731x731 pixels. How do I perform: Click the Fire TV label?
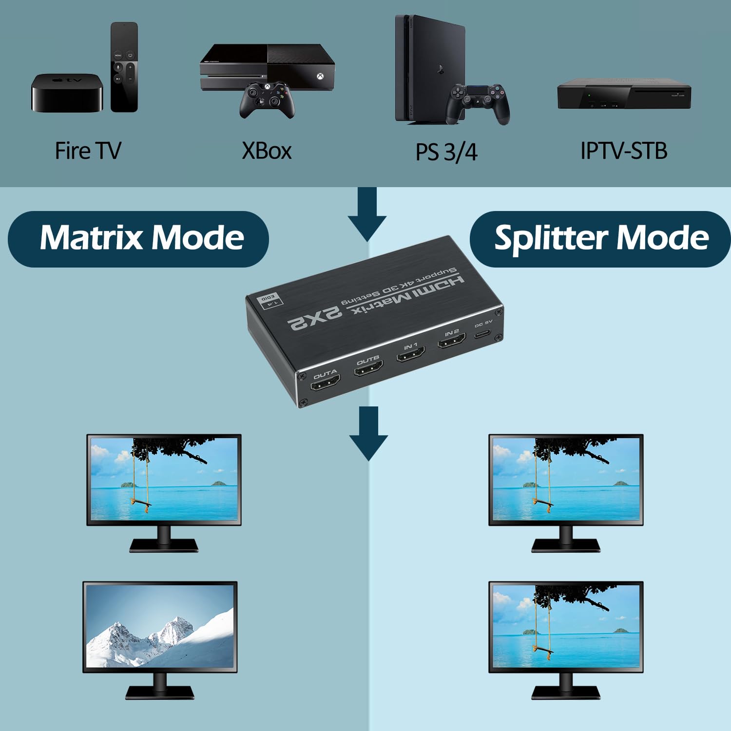[88, 151]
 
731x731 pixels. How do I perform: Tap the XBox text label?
[267, 151]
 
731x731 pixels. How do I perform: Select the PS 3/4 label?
[446, 152]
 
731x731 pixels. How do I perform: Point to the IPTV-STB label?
[623, 151]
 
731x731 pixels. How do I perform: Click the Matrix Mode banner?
[138, 239]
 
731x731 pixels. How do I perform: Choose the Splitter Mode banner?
[600, 239]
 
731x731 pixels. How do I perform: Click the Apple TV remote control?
[124, 67]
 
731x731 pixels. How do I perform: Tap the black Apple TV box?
[67, 93]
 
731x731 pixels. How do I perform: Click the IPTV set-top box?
[624, 95]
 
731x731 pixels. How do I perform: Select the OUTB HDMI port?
[368, 370]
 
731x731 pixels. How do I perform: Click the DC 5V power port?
[483, 334]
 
